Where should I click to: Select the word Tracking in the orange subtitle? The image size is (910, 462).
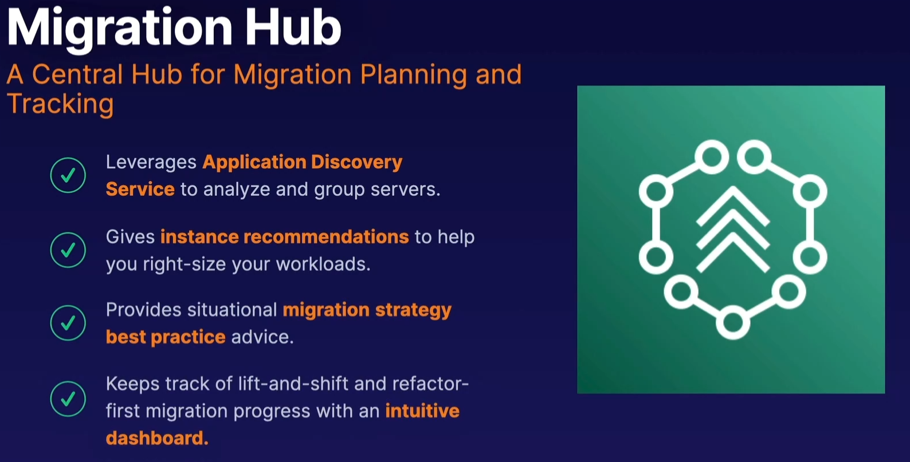(x=60, y=104)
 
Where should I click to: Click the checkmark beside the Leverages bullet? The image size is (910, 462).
(x=68, y=175)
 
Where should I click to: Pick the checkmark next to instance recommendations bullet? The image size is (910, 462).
(x=68, y=250)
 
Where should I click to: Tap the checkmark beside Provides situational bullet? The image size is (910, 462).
(x=68, y=323)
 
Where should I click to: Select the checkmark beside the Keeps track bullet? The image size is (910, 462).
(x=68, y=398)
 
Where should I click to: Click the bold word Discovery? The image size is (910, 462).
(x=357, y=163)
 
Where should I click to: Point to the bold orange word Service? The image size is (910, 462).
(x=140, y=189)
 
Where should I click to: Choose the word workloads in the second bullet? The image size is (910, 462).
(x=323, y=264)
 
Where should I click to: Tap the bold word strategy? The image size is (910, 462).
(x=413, y=310)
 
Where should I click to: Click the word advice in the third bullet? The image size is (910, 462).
(x=262, y=337)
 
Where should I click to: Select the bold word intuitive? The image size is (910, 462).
(x=422, y=411)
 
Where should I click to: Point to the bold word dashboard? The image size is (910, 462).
(x=157, y=438)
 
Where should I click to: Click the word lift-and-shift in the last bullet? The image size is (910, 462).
(x=293, y=384)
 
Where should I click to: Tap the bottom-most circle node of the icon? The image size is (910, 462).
(x=732, y=323)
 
